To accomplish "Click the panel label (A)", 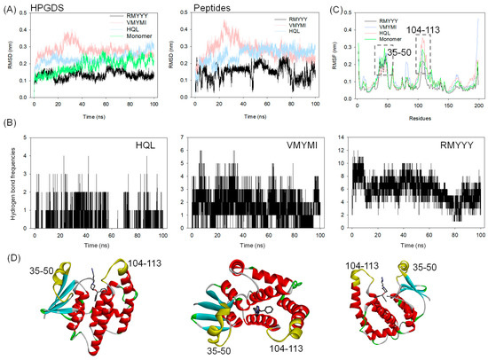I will click(x=10, y=7).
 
